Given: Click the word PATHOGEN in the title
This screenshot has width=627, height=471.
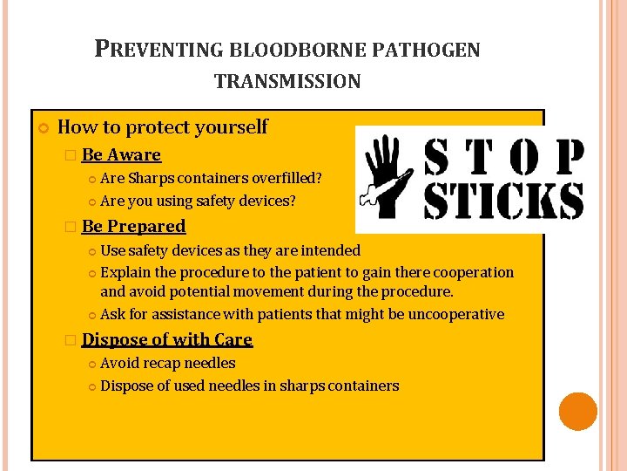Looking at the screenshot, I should (427, 50).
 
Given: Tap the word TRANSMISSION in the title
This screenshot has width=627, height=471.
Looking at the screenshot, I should (287, 82).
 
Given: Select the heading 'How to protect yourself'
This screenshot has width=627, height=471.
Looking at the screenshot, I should (162, 127).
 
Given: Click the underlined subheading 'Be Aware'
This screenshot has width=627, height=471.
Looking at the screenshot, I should (121, 155).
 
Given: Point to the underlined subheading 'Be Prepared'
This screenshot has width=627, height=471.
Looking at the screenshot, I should (133, 227).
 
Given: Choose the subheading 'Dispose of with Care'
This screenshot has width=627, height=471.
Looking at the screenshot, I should (166, 340).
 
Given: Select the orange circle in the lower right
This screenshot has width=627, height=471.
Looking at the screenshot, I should (577, 412).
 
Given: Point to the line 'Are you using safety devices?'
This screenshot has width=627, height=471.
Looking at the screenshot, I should (198, 201).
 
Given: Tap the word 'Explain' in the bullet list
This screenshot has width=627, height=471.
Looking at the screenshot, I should (127, 273).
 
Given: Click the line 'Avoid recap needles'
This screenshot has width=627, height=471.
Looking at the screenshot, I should (167, 364).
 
